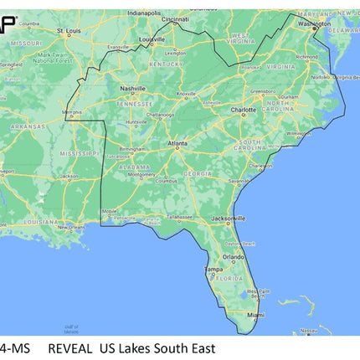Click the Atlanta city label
pos(177,143)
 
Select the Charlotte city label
pos(244,109)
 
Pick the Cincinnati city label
pos(175,18)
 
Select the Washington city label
pos(314,24)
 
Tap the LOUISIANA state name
pos(41,222)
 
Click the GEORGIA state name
pos(198,172)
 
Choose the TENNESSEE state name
pos(134,103)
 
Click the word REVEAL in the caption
pos(69,347)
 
